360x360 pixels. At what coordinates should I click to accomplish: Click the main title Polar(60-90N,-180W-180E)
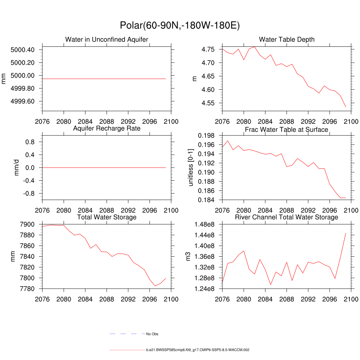point(180,26)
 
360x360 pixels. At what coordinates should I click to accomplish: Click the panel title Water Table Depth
point(287,39)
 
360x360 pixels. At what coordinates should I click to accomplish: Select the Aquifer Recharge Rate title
point(107,128)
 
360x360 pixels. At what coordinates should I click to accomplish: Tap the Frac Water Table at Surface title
point(287,129)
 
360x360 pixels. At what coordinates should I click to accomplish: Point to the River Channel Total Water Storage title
point(287,217)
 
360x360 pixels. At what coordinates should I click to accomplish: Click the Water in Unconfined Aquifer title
point(107,39)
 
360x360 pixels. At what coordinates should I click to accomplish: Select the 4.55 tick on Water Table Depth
point(210,103)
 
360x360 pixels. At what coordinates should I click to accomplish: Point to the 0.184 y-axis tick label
point(207,200)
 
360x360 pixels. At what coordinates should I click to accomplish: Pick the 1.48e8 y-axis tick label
point(206,224)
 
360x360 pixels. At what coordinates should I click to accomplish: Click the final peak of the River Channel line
point(346,233)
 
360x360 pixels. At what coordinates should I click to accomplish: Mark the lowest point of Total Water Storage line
point(155,286)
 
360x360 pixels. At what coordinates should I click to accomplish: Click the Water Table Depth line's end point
point(346,107)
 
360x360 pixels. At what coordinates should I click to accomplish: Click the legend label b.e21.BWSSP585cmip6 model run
point(198,350)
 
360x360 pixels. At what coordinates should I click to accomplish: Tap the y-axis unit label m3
point(188,256)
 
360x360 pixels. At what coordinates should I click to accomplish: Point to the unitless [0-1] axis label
point(191,168)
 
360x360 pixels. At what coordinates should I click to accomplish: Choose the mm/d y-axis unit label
point(16,168)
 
